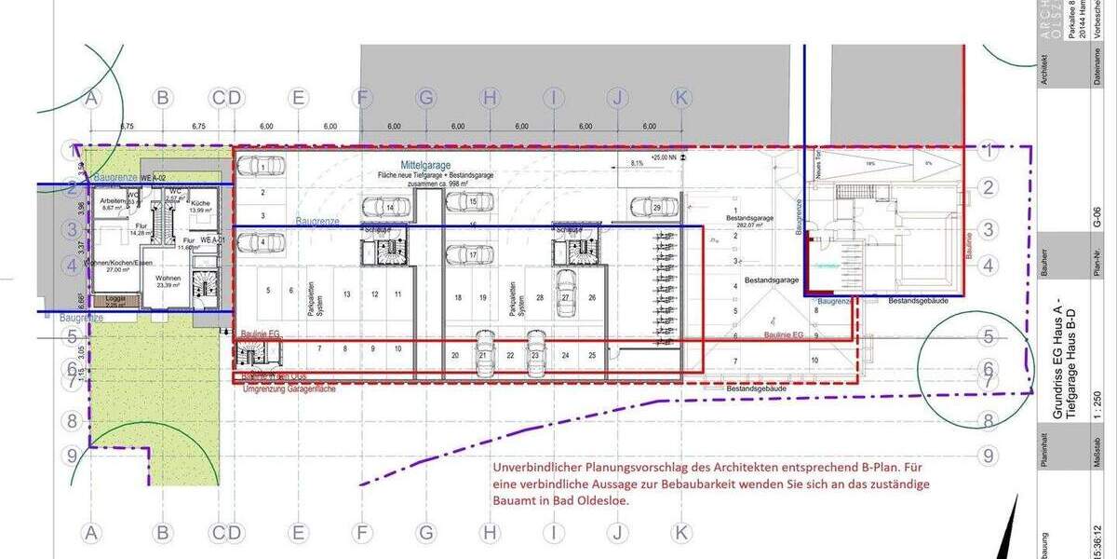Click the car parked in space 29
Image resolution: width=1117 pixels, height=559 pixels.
646,206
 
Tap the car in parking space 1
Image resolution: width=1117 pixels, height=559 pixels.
258,167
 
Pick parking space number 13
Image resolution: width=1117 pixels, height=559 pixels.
345,294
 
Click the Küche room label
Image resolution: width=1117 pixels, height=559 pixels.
199,205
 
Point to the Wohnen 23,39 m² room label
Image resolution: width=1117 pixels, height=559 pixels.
168,281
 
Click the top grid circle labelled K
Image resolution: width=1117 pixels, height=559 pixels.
681,97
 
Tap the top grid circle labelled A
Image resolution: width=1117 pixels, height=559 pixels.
91,97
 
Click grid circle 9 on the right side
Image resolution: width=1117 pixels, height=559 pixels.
989,456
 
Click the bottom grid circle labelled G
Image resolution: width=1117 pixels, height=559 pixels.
425,532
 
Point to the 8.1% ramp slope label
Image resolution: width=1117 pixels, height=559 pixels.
637,163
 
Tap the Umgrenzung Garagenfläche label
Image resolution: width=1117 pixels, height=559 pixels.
289,388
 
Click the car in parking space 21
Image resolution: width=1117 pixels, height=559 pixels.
483,353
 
